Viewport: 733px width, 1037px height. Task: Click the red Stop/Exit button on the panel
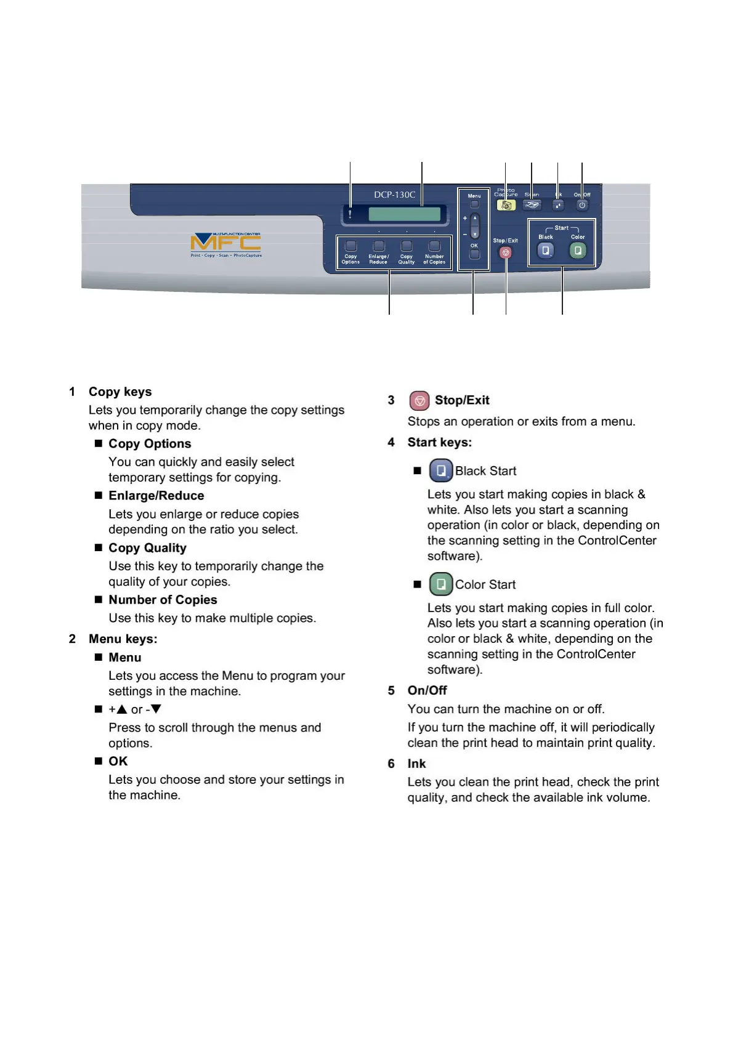(506, 252)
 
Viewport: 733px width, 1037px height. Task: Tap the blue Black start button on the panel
(546, 251)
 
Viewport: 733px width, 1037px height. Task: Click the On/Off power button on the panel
(582, 205)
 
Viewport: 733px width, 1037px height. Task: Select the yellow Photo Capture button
(506, 205)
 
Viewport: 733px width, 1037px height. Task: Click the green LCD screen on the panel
(404, 214)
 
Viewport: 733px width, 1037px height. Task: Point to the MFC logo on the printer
(225, 244)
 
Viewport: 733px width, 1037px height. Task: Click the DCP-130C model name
(394, 195)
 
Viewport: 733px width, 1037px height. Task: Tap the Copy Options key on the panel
(350, 246)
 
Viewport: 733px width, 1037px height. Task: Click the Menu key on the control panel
(474, 204)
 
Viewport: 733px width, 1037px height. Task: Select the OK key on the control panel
(474, 254)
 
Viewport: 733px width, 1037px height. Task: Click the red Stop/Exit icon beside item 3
(419, 401)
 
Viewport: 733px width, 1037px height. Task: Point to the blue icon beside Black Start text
(441, 471)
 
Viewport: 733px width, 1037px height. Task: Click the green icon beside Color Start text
(441, 584)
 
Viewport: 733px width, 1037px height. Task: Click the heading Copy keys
(120, 392)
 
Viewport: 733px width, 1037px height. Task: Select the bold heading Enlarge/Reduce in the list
(156, 496)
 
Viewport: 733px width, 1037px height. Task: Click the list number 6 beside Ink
(391, 764)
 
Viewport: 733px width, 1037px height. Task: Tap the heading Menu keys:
(123, 639)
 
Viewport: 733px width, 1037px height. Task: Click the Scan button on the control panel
(532, 205)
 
